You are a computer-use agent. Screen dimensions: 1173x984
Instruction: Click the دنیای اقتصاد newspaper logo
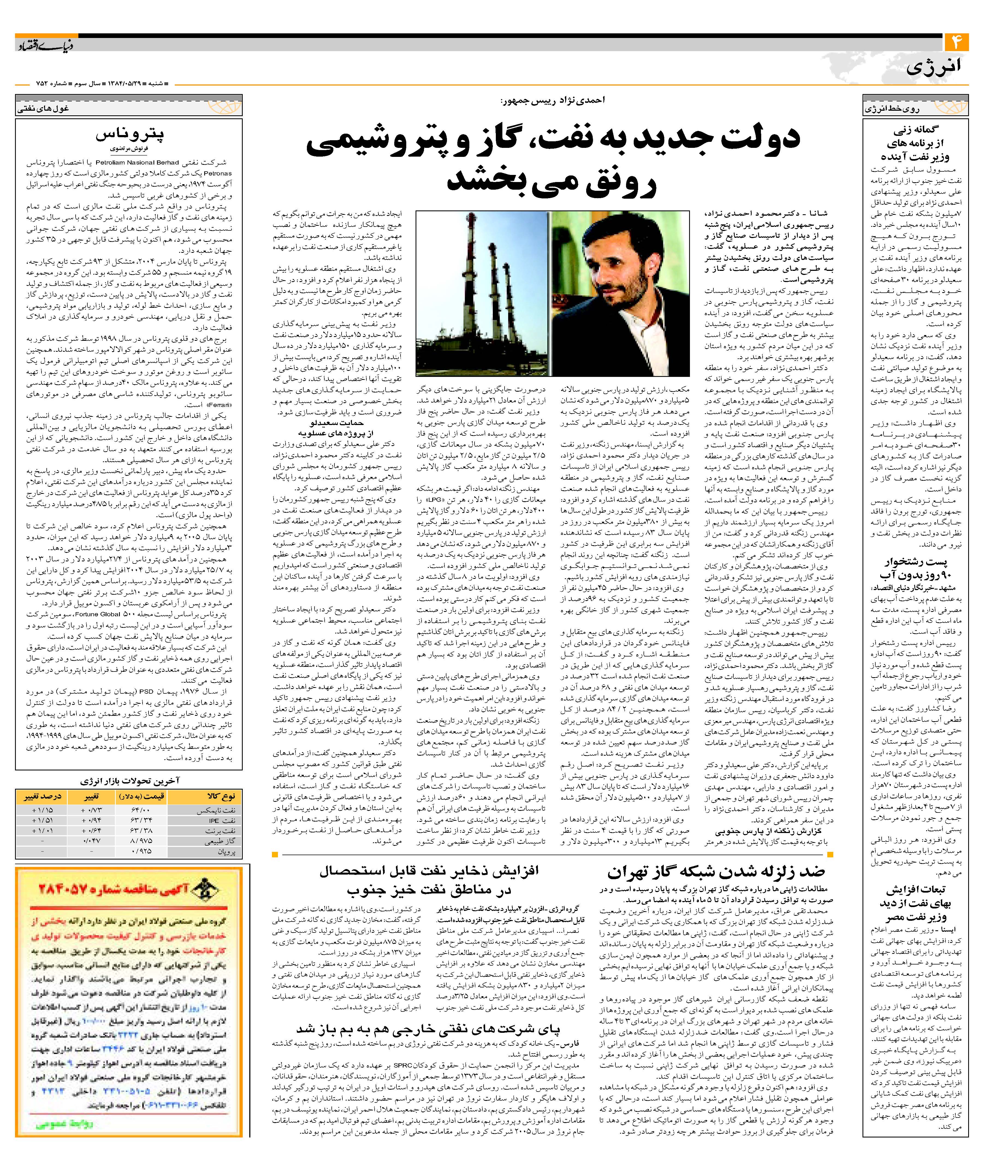42,45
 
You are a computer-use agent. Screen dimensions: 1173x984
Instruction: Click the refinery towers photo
482,293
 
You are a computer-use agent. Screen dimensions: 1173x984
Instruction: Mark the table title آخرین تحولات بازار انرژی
129,781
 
